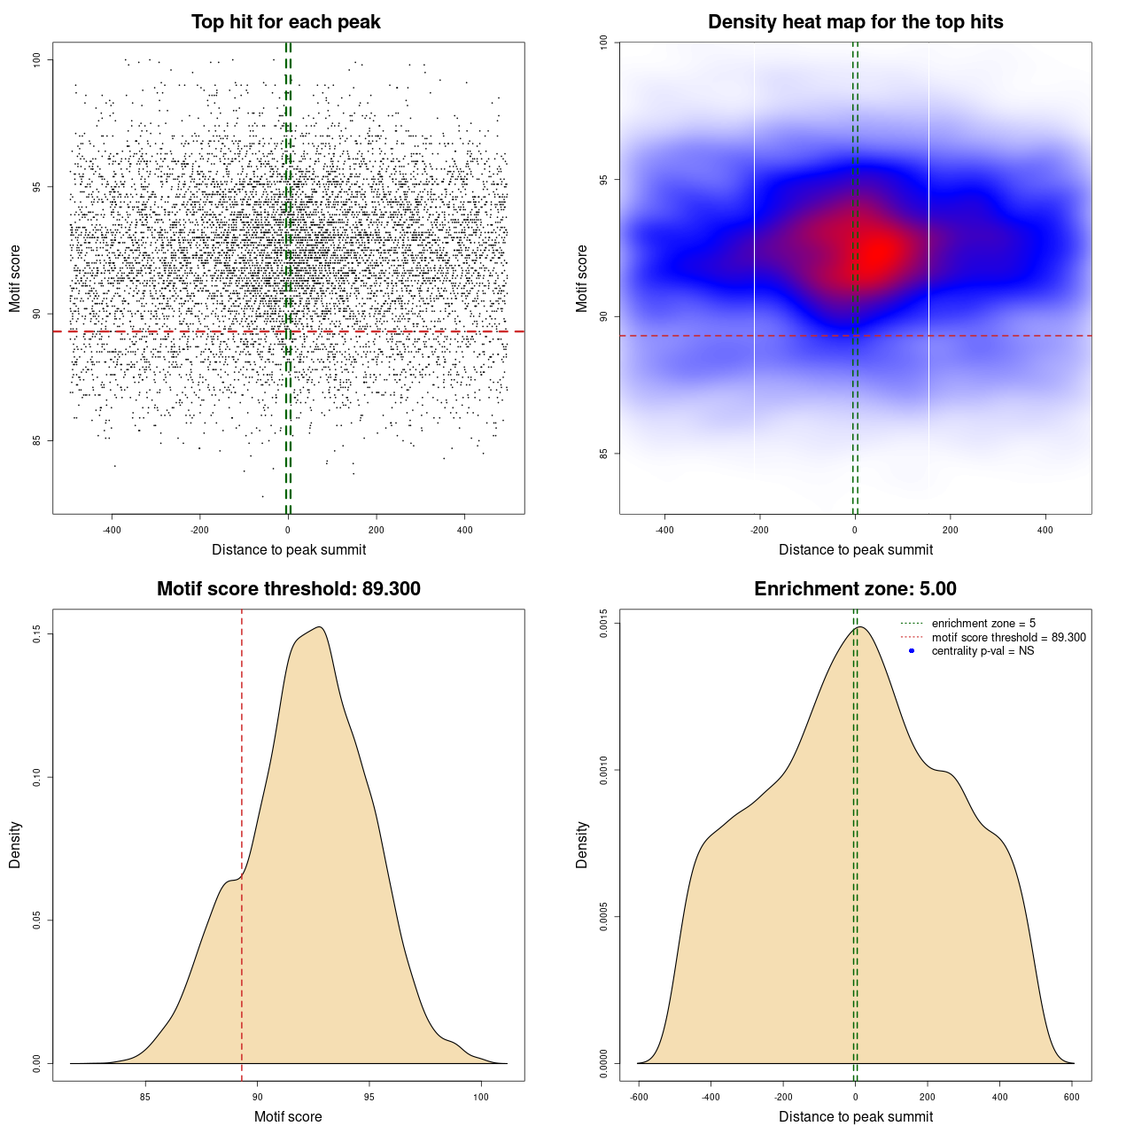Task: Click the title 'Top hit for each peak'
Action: click(285, 22)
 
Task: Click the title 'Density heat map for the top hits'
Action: click(855, 22)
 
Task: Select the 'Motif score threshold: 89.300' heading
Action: click(288, 589)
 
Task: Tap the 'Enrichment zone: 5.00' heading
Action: click(855, 589)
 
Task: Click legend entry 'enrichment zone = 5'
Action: click(983, 624)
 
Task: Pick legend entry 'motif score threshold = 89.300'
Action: click(1008, 638)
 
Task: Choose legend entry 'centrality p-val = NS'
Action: click(983, 651)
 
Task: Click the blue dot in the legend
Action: click(912, 651)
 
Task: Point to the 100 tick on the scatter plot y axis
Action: click(37, 59)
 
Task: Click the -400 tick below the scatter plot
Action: click(112, 530)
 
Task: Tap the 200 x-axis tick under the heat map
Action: click(950, 530)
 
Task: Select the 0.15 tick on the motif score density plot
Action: click(37, 634)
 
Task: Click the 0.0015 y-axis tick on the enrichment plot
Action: click(603, 624)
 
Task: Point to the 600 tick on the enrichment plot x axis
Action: click(1072, 1097)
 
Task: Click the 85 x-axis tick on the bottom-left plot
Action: click(145, 1097)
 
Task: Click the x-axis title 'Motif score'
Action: click(288, 1116)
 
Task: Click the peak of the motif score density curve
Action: click(319, 627)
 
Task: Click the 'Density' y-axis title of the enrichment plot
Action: click(582, 844)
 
